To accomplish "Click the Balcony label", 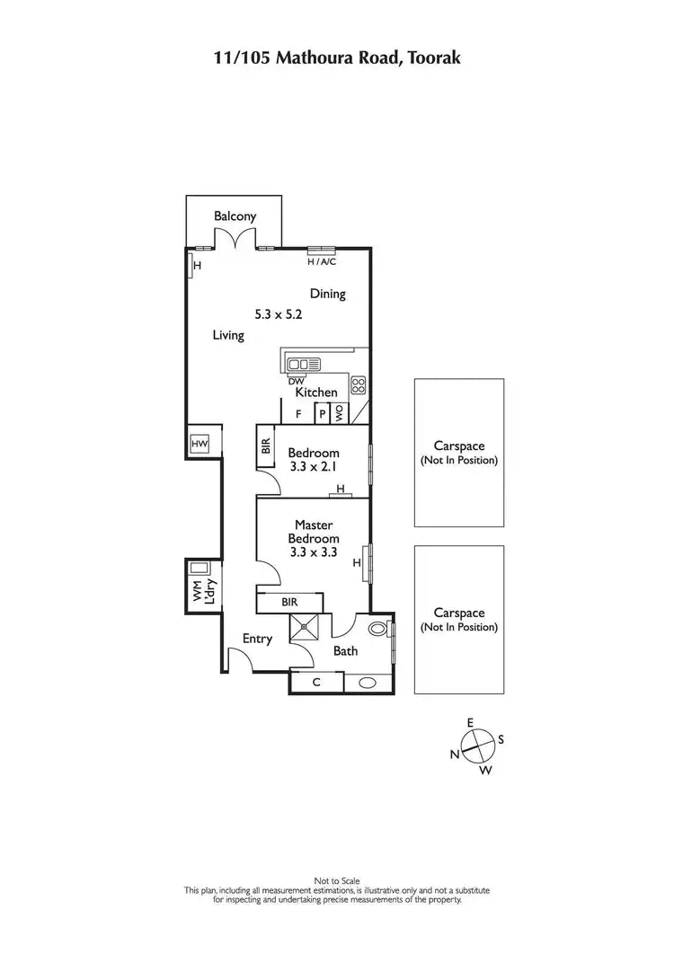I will tap(235, 216).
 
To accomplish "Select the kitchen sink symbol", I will tap(304, 364).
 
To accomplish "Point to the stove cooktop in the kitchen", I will tap(358, 386).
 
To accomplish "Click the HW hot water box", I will tap(200, 443).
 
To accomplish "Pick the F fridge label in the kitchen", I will tap(297, 415).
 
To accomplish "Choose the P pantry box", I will tap(321, 415).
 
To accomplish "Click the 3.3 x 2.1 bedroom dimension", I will tap(314, 467).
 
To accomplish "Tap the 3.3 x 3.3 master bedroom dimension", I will tap(314, 552).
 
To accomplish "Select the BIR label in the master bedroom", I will tap(288, 602).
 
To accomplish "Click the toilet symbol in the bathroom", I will tap(379, 629).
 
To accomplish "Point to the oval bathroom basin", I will tap(368, 683).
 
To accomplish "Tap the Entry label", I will tap(258, 639).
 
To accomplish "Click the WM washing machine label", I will tap(196, 592).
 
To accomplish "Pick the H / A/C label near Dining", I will tap(322, 262).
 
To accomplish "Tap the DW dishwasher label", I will tap(296, 381).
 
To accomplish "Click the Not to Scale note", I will tap(337, 880).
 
